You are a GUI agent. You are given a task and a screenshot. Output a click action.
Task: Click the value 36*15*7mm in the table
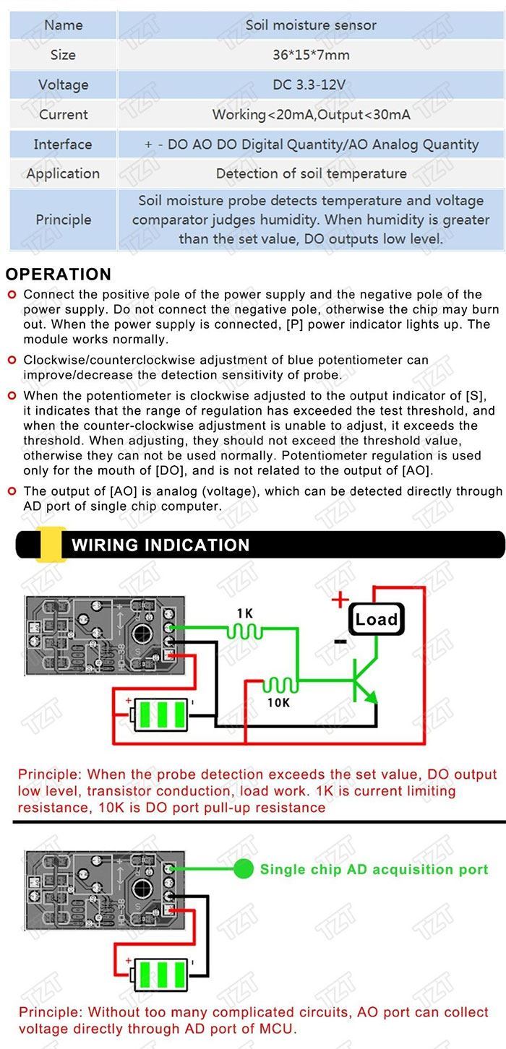coord(311,55)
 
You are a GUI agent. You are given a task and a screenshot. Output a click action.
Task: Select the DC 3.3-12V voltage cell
coord(311,85)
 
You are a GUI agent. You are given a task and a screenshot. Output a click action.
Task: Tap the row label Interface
coord(63,144)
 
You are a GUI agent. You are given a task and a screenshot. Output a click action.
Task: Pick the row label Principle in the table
coord(63,220)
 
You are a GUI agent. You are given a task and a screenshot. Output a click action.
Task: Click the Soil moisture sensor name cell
coord(311,25)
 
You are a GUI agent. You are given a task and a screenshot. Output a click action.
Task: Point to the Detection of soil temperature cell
coord(311,173)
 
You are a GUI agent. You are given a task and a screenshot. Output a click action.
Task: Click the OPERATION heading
coord(59,275)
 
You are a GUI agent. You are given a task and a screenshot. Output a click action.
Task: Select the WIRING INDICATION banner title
coord(160,545)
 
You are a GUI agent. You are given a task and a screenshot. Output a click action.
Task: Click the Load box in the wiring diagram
coord(376,619)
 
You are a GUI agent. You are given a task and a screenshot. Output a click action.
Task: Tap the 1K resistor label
coord(245,613)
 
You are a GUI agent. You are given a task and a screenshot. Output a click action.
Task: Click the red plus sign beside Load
coord(339,600)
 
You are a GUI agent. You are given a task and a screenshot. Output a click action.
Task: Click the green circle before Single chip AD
coord(244,869)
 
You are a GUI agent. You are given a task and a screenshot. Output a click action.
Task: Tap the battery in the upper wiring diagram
coord(160,714)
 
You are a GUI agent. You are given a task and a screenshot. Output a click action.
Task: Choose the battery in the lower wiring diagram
coord(160,973)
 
